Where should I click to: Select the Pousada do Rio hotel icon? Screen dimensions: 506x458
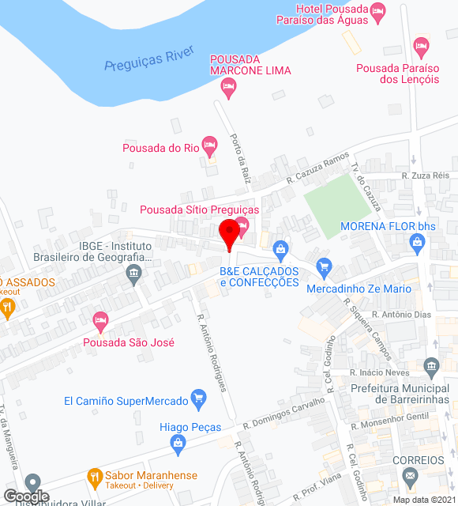(209, 145)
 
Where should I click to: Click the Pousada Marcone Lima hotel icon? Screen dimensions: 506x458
(229, 89)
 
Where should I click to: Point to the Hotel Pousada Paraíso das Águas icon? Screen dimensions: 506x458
(378, 10)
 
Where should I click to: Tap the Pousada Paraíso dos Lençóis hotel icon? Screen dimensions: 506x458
(422, 47)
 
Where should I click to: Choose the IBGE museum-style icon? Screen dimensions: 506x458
(133, 275)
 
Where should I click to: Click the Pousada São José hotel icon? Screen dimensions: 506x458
(100, 321)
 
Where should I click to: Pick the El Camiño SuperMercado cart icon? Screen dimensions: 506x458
(199, 400)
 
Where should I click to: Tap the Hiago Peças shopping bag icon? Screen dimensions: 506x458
(177, 445)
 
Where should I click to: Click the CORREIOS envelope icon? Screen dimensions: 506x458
(409, 476)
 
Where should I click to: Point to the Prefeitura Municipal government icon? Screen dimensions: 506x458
(430, 366)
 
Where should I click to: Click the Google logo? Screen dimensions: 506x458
(25, 496)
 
